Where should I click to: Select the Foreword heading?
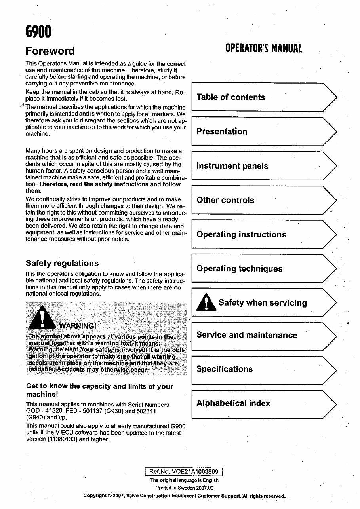point(50,51)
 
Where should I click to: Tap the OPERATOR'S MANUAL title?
point(263,48)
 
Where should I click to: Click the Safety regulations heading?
point(62,263)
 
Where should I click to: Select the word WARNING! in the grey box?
point(78,326)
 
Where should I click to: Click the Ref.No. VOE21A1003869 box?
point(184,471)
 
